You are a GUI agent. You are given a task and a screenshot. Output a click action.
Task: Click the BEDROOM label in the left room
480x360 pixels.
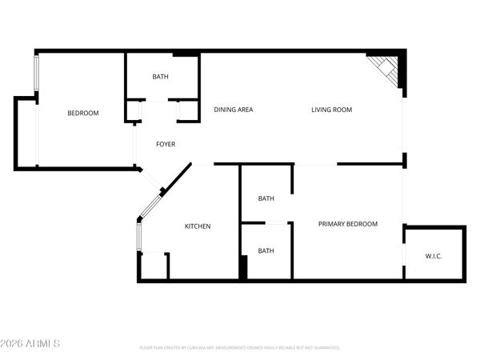(x=82, y=113)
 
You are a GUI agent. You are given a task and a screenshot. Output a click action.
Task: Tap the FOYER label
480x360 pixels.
(x=166, y=144)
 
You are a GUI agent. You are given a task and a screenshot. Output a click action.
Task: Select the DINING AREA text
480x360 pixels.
(x=234, y=110)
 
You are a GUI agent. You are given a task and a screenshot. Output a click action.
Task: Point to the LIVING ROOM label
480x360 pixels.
(x=331, y=110)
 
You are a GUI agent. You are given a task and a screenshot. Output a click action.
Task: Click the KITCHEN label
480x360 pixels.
(x=198, y=226)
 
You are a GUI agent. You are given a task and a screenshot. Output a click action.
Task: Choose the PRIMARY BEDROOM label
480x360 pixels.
(x=347, y=224)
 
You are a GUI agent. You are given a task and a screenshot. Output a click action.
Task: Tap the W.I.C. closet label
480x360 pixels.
(x=434, y=256)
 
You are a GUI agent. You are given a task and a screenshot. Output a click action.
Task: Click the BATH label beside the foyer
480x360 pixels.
(x=161, y=77)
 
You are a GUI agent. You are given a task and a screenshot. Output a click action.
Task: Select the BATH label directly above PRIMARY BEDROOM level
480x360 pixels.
(x=266, y=198)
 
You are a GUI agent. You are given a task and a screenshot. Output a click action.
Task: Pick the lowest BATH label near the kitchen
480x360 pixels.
(x=266, y=250)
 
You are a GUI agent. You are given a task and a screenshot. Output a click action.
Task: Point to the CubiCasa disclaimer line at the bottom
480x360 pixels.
(x=240, y=348)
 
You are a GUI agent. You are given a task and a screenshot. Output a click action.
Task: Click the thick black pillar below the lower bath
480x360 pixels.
(x=243, y=267)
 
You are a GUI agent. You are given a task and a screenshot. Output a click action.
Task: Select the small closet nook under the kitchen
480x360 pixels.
(x=154, y=266)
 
